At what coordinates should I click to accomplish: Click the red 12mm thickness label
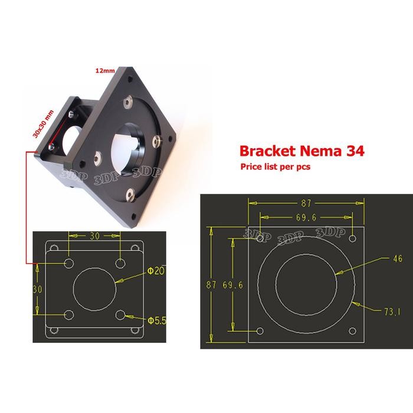click(104, 70)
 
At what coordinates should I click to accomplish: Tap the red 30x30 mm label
click(42, 123)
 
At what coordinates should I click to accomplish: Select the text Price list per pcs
click(276, 167)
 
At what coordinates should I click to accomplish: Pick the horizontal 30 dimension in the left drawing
click(95, 235)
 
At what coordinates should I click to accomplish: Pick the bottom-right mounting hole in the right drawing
click(353, 330)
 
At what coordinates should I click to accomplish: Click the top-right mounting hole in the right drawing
click(353, 239)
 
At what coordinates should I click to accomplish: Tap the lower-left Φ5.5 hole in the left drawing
click(69, 315)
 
